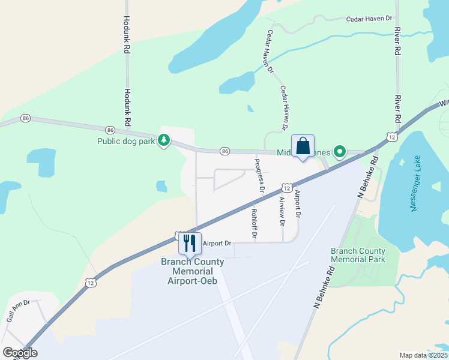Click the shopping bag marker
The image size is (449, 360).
point(303,146)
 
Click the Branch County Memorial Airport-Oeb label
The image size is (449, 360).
point(192,271)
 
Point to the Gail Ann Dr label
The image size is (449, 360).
point(18,311)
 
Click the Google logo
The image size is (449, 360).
point(19,353)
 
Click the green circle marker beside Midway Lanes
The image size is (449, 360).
point(340,151)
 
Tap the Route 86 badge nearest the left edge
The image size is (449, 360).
point(25,119)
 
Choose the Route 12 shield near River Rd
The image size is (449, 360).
point(391,137)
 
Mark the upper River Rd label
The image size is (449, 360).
point(397,41)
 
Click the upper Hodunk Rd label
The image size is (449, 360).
point(127,36)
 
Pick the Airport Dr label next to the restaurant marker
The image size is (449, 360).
point(217,244)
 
